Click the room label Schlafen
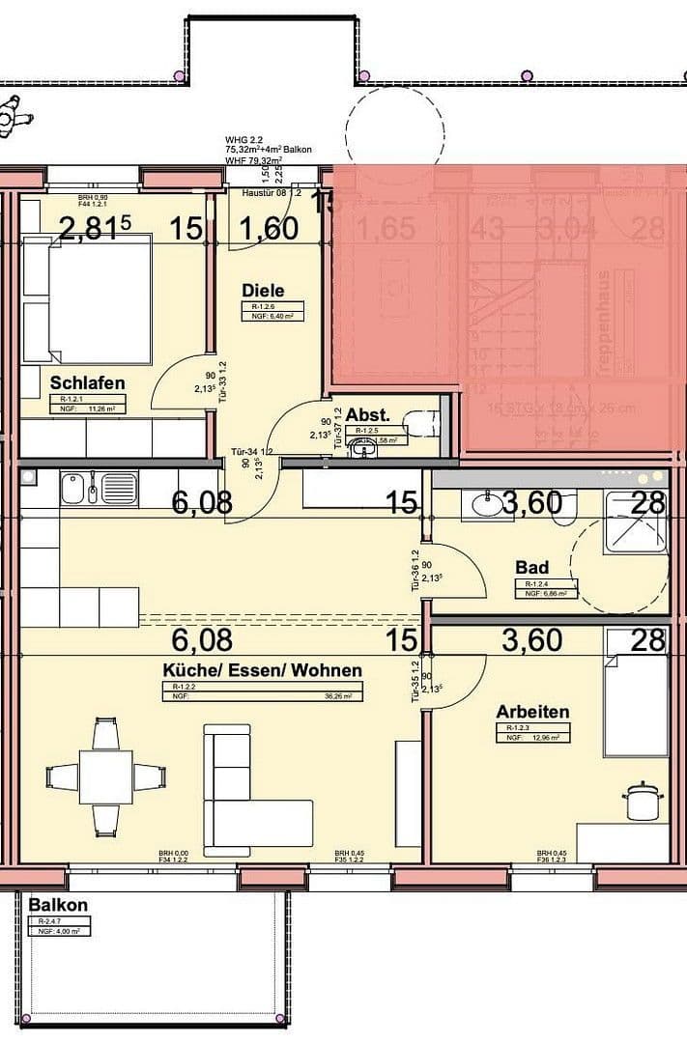[87, 383]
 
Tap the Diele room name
[262, 289]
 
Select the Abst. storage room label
[367, 414]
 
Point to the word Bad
[531, 568]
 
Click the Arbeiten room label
[532, 712]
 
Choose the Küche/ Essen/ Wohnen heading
[262, 670]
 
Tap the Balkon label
[58, 906]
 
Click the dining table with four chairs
[105, 778]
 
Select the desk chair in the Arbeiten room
[638, 802]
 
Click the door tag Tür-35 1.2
[415, 681]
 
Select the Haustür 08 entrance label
[272, 194]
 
